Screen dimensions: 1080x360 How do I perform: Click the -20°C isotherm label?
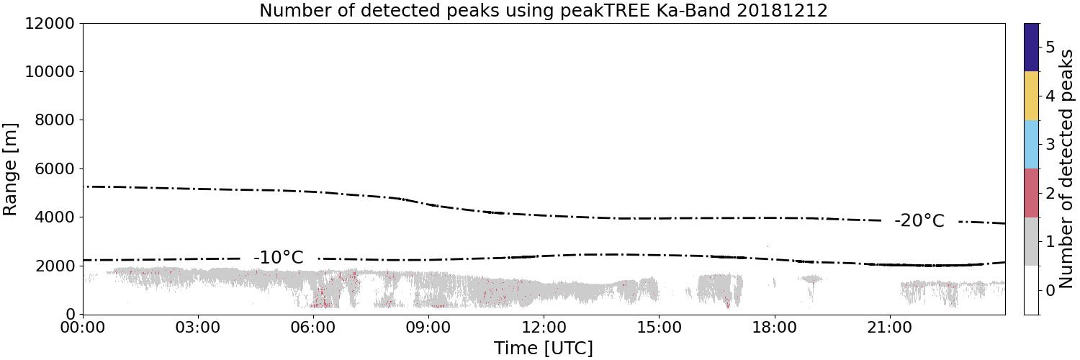(x=919, y=221)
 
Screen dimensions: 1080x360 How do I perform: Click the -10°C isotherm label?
(x=278, y=257)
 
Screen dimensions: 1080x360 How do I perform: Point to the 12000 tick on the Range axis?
(x=50, y=24)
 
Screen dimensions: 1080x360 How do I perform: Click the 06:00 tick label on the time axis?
(x=313, y=328)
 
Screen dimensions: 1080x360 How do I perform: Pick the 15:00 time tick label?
(x=659, y=328)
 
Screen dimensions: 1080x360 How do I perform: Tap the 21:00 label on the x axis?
(x=889, y=328)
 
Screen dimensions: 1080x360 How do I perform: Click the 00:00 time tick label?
(x=83, y=328)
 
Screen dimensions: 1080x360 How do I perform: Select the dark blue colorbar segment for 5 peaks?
(x=1032, y=48)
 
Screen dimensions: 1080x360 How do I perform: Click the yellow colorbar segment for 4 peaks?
(x=1032, y=96)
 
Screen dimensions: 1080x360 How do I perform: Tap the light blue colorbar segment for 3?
(x=1032, y=145)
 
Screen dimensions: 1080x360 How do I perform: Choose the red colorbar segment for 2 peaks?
(x=1032, y=193)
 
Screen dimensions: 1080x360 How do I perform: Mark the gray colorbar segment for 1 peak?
(x=1032, y=241)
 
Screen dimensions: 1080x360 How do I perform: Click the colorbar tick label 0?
(x=1050, y=290)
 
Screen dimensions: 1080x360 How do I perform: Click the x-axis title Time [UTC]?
(x=544, y=348)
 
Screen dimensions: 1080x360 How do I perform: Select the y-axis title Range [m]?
(x=10, y=169)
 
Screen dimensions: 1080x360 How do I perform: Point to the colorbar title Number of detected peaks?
(x=1066, y=168)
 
